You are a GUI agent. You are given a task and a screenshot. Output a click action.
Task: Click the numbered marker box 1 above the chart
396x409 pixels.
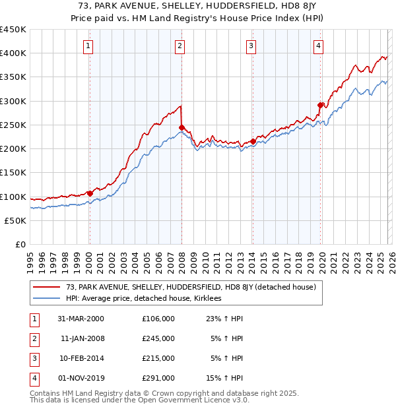pos(88,46)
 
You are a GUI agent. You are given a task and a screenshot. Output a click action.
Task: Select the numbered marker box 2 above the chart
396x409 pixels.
pos(180,46)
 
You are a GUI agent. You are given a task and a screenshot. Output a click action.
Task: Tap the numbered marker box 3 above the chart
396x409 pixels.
pos(251,46)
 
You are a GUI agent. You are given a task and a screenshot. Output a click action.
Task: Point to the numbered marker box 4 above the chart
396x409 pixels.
pos(318,46)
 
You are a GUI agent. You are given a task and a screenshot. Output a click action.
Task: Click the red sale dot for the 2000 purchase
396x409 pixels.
pos(90,194)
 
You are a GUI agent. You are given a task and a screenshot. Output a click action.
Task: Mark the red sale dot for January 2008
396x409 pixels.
pos(181,127)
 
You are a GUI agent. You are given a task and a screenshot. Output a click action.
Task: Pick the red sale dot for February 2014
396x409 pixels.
pos(253,141)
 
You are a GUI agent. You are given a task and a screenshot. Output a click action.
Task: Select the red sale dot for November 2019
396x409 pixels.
pos(320,105)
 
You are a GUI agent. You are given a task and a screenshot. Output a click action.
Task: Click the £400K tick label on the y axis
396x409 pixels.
pos(13,53)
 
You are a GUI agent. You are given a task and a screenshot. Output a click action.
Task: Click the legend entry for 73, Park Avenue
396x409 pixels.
pos(191,287)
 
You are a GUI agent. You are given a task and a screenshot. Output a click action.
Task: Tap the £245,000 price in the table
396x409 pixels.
pos(158,338)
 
